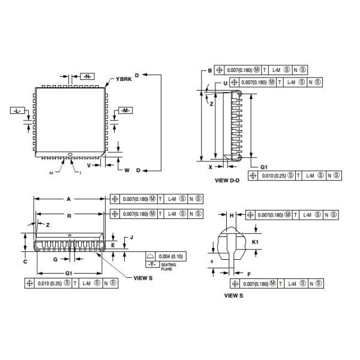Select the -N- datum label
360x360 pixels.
[88, 76]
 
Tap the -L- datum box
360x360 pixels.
[19, 111]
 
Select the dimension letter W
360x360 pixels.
[127, 170]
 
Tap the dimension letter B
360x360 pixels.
[209, 70]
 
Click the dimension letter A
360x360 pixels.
[69, 199]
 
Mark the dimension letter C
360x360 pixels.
[25, 262]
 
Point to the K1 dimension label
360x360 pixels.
[254, 241]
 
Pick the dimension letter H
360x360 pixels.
[231, 215]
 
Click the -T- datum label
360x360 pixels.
[151, 265]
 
